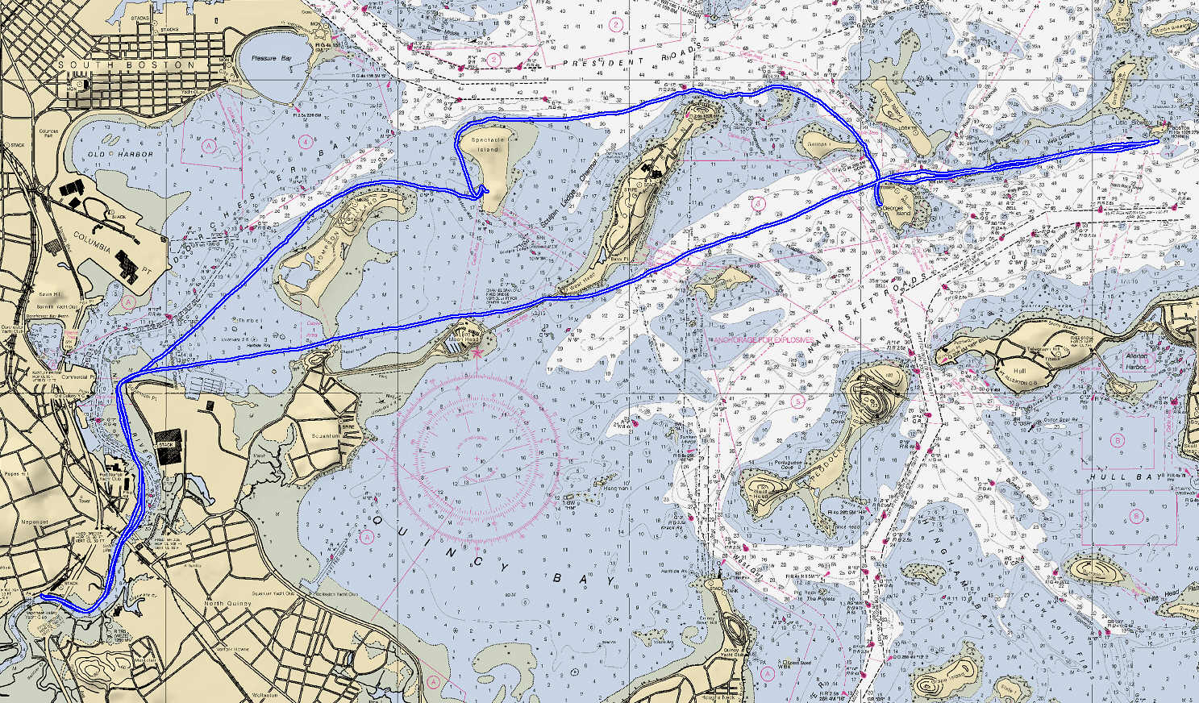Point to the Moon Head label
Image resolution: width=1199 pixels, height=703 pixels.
click(463, 340)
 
